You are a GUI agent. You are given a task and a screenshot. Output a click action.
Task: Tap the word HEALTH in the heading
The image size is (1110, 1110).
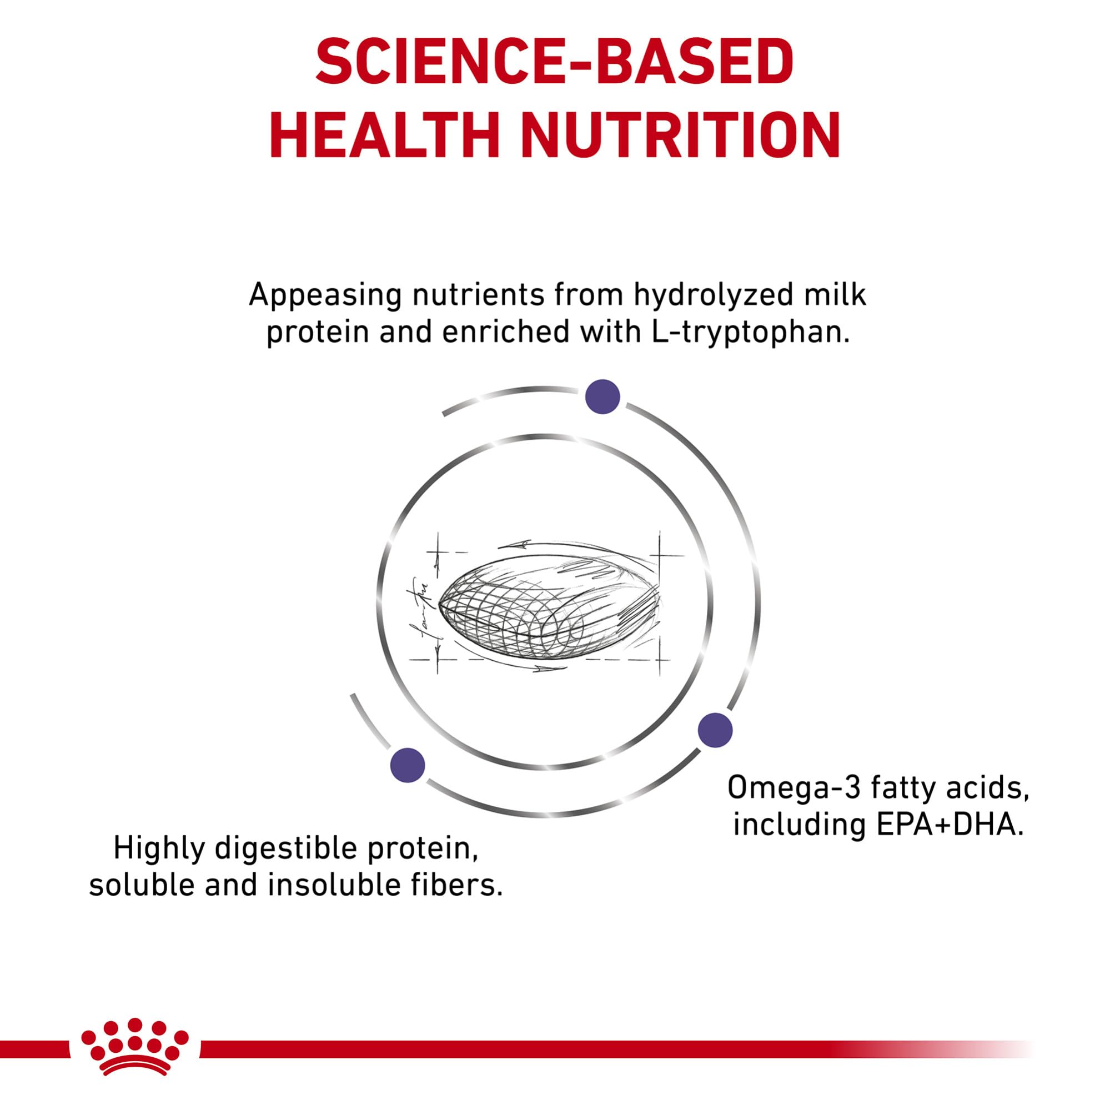click(x=384, y=136)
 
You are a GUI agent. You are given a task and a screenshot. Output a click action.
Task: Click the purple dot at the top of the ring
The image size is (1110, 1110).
click(x=602, y=396)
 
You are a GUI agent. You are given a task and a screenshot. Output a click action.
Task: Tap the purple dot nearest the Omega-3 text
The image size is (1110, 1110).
click(x=715, y=730)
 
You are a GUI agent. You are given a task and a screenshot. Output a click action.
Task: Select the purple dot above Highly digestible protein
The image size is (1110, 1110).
click(x=408, y=765)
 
